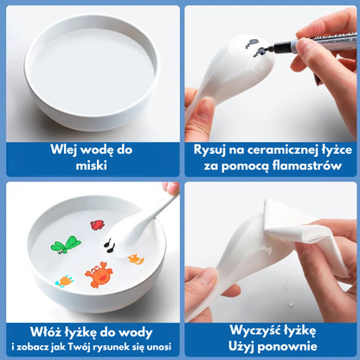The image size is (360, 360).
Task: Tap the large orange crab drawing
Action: [x=99, y=274]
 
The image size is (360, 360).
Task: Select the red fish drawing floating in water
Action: [x=97, y=225]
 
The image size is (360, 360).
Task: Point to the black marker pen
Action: [x=312, y=42]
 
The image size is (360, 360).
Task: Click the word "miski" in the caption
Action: [x=92, y=165]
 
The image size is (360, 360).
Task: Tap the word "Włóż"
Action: [x=42, y=332]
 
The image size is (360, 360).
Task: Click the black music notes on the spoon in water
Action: [x=109, y=246]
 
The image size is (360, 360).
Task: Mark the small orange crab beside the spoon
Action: [x=136, y=259]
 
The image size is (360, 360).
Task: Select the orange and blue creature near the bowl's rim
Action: [x=64, y=280]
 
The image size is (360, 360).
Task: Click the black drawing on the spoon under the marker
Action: [x=257, y=48]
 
